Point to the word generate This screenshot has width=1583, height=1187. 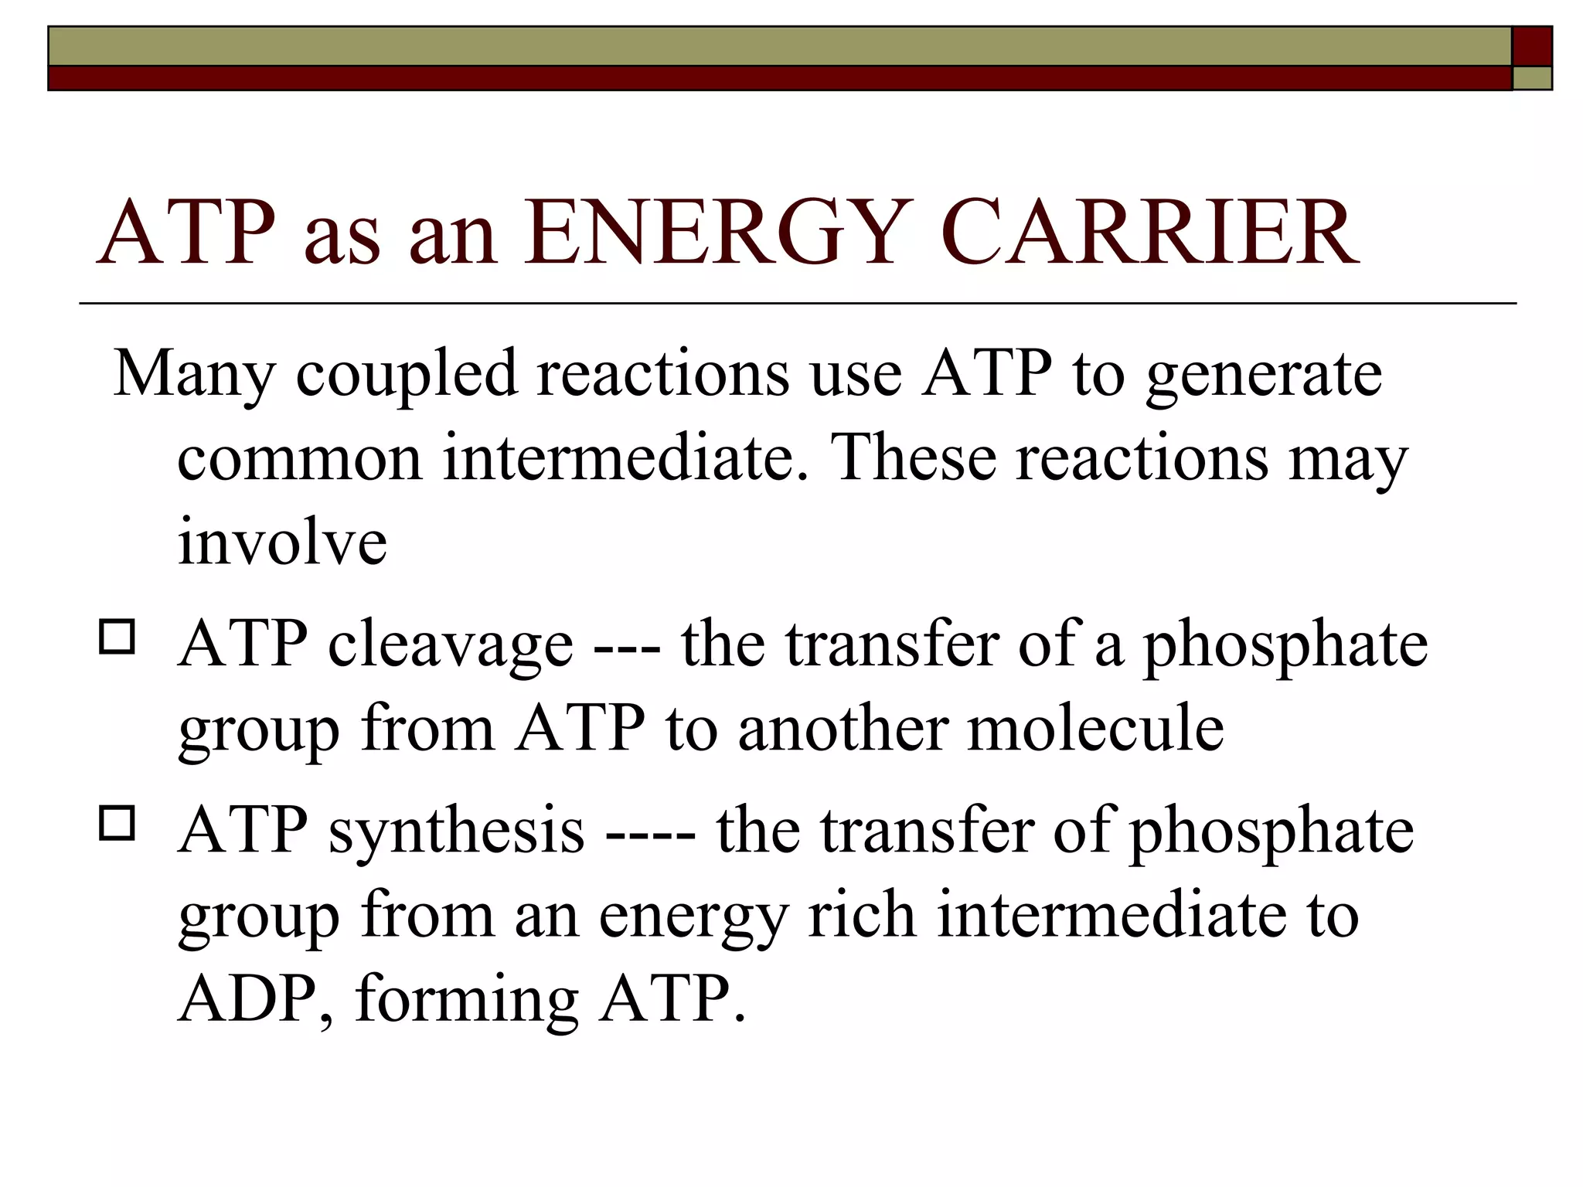point(1263,375)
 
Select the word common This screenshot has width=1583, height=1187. point(299,457)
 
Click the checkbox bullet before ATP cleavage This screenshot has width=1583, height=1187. point(117,638)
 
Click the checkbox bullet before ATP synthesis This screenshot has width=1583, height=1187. point(117,823)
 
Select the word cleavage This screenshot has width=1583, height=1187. point(451,645)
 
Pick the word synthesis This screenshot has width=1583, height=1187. point(456,831)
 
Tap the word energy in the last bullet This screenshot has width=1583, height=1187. point(693,917)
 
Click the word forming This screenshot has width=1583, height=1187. point(467,1000)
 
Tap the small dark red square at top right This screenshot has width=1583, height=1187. point(1531,46)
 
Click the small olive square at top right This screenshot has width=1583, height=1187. point(1531,78)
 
